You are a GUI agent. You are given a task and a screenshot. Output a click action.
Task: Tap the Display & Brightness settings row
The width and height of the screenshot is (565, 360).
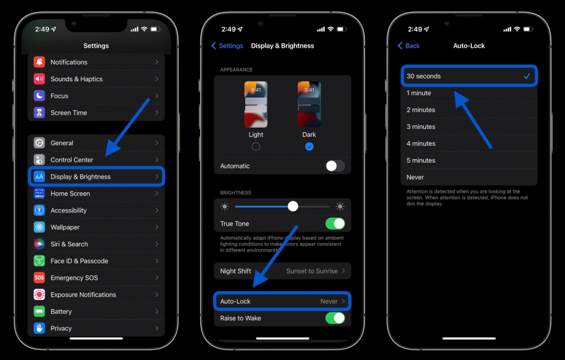tap(96, 177)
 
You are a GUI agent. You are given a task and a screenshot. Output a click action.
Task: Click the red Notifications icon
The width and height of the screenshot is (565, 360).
tap(39, 62)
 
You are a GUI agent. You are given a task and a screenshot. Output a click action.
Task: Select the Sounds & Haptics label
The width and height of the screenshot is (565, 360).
tap(76, 79)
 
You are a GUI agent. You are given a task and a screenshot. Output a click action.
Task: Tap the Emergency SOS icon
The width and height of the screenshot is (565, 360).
tap(39, 278)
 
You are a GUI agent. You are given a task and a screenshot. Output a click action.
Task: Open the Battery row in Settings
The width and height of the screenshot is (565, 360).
tap(96, 311)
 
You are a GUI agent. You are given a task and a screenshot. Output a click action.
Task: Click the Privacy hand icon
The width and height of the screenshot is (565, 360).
tap(39, 328)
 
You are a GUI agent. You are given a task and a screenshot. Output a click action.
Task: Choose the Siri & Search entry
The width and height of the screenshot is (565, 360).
tap(69, 244)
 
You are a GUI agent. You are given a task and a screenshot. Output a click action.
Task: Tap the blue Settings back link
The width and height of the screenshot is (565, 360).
tap(227, 46)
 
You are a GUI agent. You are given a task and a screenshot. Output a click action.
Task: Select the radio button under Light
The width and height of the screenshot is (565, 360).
tap(256, 147)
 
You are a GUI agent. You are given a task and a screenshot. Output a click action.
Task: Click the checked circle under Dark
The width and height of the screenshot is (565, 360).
tap(309, 147)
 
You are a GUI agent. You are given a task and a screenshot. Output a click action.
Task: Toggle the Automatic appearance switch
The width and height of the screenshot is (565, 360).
tap(335, 166)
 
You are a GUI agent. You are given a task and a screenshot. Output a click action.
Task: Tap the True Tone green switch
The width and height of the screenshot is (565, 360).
tap(335, 224)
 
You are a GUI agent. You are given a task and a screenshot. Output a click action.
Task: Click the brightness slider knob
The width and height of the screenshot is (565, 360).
tap(293, 206)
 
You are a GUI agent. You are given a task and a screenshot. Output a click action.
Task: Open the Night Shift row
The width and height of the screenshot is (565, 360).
tap(282, 271)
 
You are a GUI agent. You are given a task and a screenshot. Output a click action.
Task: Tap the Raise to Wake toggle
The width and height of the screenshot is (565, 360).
tap(335, 318)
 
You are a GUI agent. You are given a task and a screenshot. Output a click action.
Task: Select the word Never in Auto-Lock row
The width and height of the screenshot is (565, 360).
tap(329, 302)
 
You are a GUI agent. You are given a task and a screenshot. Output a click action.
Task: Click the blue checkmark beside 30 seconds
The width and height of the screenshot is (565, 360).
tap(527, 76)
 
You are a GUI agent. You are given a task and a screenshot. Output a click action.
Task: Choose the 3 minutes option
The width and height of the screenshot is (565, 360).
tap(421, 127)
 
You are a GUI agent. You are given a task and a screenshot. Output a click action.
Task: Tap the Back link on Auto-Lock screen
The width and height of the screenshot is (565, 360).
tap(409, 46)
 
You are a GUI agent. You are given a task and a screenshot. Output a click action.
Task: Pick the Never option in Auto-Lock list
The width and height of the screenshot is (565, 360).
tap(415, 177)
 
